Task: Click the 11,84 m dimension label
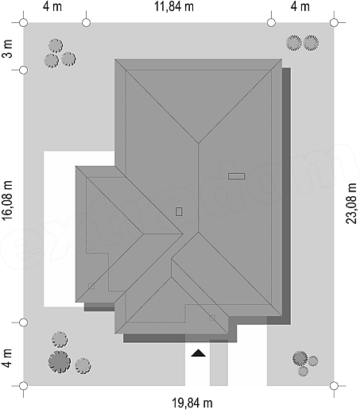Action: point(174,6)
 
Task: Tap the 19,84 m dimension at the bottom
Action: point(192,403)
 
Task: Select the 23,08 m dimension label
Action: point(351,203)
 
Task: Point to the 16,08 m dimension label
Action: point(7,200)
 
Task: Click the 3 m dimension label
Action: point(8,49)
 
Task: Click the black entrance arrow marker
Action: point(198,353)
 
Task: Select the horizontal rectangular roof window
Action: point(236,176)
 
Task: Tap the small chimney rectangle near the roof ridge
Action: point(179,211)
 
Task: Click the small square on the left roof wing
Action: point(91,286)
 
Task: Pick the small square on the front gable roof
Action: point(212,318)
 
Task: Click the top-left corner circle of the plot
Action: point(24,23)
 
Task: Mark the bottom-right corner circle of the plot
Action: point(334,386)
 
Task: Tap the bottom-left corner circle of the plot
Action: point(24,386)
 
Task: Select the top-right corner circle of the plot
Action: point(334,23)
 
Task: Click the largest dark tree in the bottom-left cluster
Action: point(60,362)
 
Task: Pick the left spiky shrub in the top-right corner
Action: point(294,43)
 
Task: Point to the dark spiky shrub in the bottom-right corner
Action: point(300,358)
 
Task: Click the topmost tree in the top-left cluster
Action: point(56,46)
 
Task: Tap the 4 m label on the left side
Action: point(7,358)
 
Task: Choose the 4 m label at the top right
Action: point(300,6)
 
